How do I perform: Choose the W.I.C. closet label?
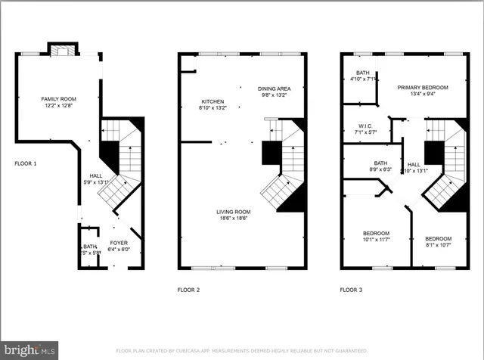click(366, 127)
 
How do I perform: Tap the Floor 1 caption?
click(25, 163)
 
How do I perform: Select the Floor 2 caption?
click(188, 290)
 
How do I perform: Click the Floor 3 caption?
click(351, 290)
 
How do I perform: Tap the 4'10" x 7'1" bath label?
click(361, 78)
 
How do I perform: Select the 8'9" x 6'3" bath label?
click(381, 169)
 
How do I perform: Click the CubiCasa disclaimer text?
click(242, 351)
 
